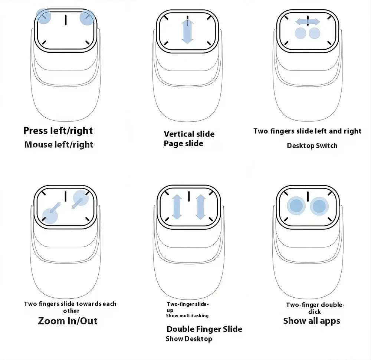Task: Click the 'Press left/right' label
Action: pyautogui.click(x=58, y=131)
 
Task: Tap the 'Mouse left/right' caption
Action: pyautogui.click(x=59, y=144)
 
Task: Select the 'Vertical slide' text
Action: pyautogui.click(x=189, y=134)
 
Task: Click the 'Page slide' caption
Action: pyautogui.click(x=184, y=143)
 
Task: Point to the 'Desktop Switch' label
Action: pyautogui.click(x=312, y=145)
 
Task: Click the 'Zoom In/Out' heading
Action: pyautogui.click(x=68, y=321)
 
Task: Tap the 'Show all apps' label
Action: pyautogui.click(x=312, y=321)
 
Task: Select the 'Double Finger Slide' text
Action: pyautogui.click(x=204, y=329)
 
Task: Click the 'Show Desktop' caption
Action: pyautogui.click(x=189, y=338)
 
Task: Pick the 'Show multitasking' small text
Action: pyautogui.click(x=187, y=316)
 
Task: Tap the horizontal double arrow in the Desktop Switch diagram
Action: pyautogui.click(x=308, y=22)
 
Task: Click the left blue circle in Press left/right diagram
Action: pyautogui.click(x=43, y=16)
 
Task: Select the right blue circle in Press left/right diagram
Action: pyautogui.click(x=86, y=18)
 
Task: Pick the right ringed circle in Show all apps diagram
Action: pyautogui.click(x=319, y=206)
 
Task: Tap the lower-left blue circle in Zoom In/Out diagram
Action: pyautogui.click(x=50, y=216)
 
